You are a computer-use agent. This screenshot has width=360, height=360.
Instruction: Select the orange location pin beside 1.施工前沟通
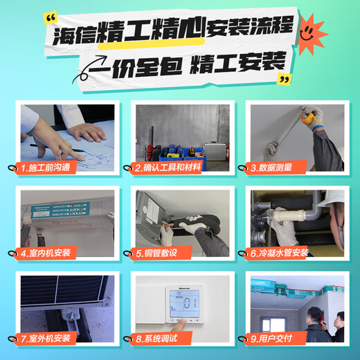(x=17, y=168)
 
